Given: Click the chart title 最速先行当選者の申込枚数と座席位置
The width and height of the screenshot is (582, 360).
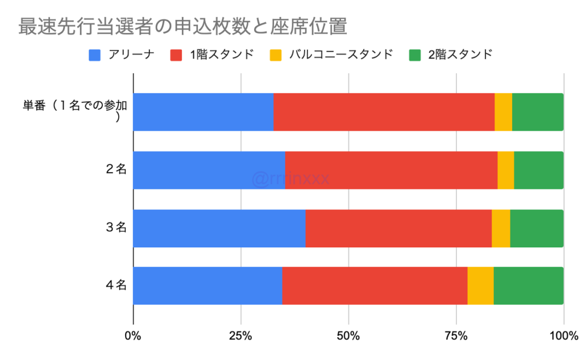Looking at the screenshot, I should click(182, 27).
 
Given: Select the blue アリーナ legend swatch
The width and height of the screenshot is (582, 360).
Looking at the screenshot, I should click(94, 55).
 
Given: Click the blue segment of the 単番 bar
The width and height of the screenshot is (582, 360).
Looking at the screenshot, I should click(203, 112).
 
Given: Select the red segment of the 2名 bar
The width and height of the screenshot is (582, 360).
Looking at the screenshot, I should click(391, 170).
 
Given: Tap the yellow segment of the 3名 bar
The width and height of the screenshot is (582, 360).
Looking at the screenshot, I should click(501, 228).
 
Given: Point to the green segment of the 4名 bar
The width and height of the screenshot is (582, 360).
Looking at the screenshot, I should click(529, 285).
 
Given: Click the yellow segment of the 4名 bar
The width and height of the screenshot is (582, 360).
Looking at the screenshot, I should click(480, 285).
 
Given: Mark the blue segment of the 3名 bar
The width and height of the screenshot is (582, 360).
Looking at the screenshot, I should click(219, 228).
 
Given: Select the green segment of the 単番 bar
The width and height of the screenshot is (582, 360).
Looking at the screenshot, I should click(538, 112).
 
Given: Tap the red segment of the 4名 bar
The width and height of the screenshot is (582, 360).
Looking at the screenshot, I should click(375, 285).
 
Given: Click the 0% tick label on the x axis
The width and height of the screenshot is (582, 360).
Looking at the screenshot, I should click(133, 336).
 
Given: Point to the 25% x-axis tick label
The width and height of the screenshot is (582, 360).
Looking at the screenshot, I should click(240, 336).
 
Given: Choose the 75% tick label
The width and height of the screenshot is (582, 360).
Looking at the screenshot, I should click(456, 336).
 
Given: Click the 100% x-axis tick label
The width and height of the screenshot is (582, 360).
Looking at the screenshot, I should click(563, 336).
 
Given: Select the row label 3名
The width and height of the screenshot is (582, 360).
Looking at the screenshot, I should click(116, 228).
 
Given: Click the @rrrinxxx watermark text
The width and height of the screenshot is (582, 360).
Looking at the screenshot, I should click(290, 179).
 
